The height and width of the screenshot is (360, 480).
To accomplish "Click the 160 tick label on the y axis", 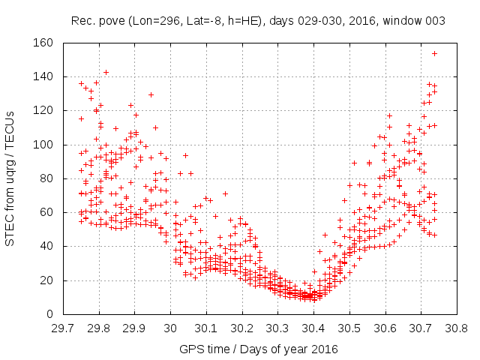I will tap(42, 43).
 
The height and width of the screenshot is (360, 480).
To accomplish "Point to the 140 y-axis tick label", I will tap(42, 77).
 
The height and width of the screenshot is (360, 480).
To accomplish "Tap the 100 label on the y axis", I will tap(42, 145).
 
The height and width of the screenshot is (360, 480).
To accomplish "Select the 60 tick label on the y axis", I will tap(45, 212).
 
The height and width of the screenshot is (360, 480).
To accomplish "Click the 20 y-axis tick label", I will tap(45, 280).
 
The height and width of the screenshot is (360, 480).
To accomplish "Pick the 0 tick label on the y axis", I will tap(48, 314).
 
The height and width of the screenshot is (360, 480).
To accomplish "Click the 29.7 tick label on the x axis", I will tap(62, 328).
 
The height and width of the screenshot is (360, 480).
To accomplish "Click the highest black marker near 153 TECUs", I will tap(434, 54).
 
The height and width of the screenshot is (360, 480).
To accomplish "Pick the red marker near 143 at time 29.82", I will tap(106, 72).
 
